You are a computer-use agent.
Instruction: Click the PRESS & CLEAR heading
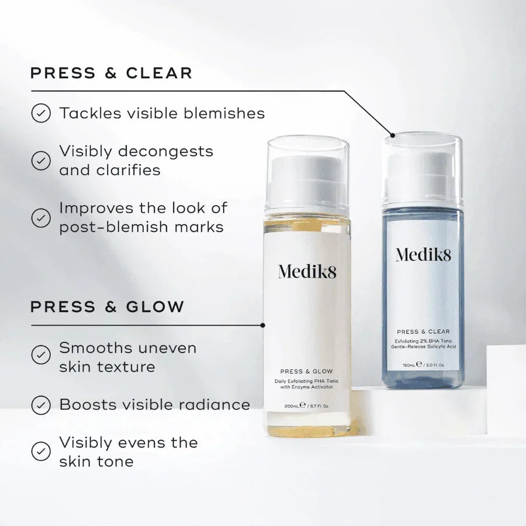pyautogui.click(x=112, y=73)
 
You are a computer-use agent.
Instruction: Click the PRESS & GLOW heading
pyautogui.click(x=108, y=307)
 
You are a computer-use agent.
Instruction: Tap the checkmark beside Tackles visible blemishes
pyautogui.click(x=41, y=113)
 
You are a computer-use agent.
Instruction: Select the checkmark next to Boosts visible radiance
pyautogui.click(x=41, y=405)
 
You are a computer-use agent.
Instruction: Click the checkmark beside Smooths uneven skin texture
pyautogui.click(x=41, y=355)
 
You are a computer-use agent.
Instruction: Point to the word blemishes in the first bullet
pyautogui.click(x=224, y=113)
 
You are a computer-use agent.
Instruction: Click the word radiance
pyautogui.click(x=214, y=404)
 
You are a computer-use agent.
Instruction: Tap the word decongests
pyautogui.click(x=166, y=151)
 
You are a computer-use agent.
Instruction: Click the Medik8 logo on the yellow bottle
pyautogui.click(x=307, y=272)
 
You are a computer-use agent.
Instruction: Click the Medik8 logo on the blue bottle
pyautogui.click(x=423, y=255)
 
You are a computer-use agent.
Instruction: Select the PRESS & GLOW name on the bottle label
pyautogui.click(x=306, y=371)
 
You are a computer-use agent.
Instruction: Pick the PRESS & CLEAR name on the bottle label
pyautogui.click(x=423, y=332)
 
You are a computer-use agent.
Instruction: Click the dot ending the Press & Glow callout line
pyautogui.click(x=262, y=326)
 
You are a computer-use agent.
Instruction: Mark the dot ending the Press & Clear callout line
pyautogui.click(x=393, y=135)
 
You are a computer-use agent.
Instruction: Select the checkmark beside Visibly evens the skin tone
pyautogui.click(x=41, y=451)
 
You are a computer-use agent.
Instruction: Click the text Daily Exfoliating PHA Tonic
pyautogui.click(x=306, y=381)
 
